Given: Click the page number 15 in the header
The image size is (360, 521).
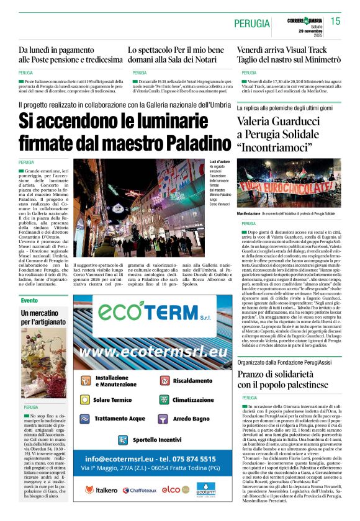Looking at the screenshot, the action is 336,22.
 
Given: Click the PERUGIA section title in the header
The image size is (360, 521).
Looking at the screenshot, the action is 251,24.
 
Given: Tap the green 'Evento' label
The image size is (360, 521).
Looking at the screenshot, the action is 29,300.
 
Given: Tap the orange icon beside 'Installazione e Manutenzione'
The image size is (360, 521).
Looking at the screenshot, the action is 85,380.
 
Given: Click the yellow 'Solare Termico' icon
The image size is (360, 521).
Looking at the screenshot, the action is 85,400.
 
